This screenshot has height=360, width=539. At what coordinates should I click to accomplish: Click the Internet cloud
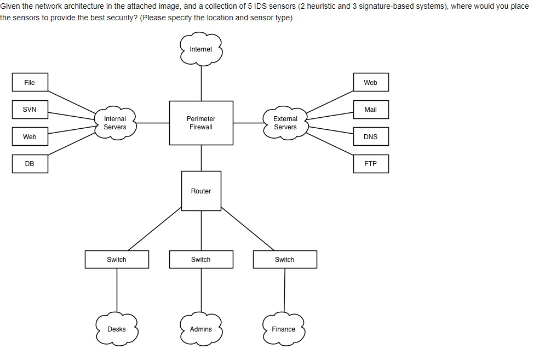pos(201,49)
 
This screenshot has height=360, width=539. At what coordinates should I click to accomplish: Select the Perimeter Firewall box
pos(201,123)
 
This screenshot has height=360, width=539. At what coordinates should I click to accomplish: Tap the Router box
pos(201,191)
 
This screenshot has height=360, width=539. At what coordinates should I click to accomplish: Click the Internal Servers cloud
pos(115,123)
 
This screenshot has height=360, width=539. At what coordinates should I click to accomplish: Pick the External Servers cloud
pos(285,123)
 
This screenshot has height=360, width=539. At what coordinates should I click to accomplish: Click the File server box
pos(30,83)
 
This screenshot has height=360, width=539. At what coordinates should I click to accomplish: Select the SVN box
pos(30,110)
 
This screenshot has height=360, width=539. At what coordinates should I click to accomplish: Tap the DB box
pos(30,164)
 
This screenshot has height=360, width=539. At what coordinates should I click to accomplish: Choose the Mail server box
pos(370,110)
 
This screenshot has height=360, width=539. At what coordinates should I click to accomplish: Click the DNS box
pos(370,136)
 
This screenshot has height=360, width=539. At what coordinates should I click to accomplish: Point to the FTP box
pos(370,164)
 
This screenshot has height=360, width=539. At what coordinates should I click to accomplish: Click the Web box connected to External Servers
pos(370,83)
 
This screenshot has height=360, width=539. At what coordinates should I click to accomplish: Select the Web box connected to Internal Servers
pos(30,136)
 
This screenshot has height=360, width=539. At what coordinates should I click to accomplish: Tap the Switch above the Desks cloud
pos(117,260)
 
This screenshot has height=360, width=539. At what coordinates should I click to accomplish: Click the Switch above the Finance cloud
pos(285,260)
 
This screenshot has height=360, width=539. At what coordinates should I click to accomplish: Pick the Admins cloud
pos(201,329)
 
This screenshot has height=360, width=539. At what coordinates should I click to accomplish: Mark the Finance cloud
pos(284,329)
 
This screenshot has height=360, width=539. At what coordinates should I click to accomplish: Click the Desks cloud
pos(117,329)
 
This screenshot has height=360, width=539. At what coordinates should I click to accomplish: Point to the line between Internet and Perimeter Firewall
pos(201,82)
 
